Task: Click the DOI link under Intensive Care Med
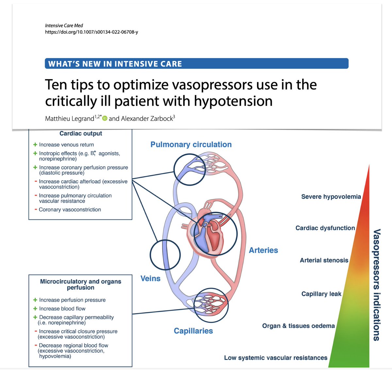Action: [91, 32]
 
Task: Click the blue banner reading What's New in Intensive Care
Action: [196, 64]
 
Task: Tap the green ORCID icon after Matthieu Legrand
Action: [105, 119]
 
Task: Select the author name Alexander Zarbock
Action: [147, 119]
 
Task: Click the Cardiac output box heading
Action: [81, 133]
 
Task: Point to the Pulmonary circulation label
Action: [191, 144]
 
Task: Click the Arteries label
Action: [263, 250]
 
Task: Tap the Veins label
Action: [150, 278]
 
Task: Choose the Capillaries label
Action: [193, 331]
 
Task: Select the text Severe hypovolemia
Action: [331, 197]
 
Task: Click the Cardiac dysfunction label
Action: [325, 228]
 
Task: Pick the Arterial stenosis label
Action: [324, 260]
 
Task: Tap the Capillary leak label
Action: [321, 294]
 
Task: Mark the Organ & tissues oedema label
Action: [298, 326]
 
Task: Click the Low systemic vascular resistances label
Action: [275, 358]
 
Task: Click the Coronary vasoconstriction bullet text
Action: [70, 210]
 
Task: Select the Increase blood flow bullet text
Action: [62, 308]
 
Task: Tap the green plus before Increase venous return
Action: [35, 144]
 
